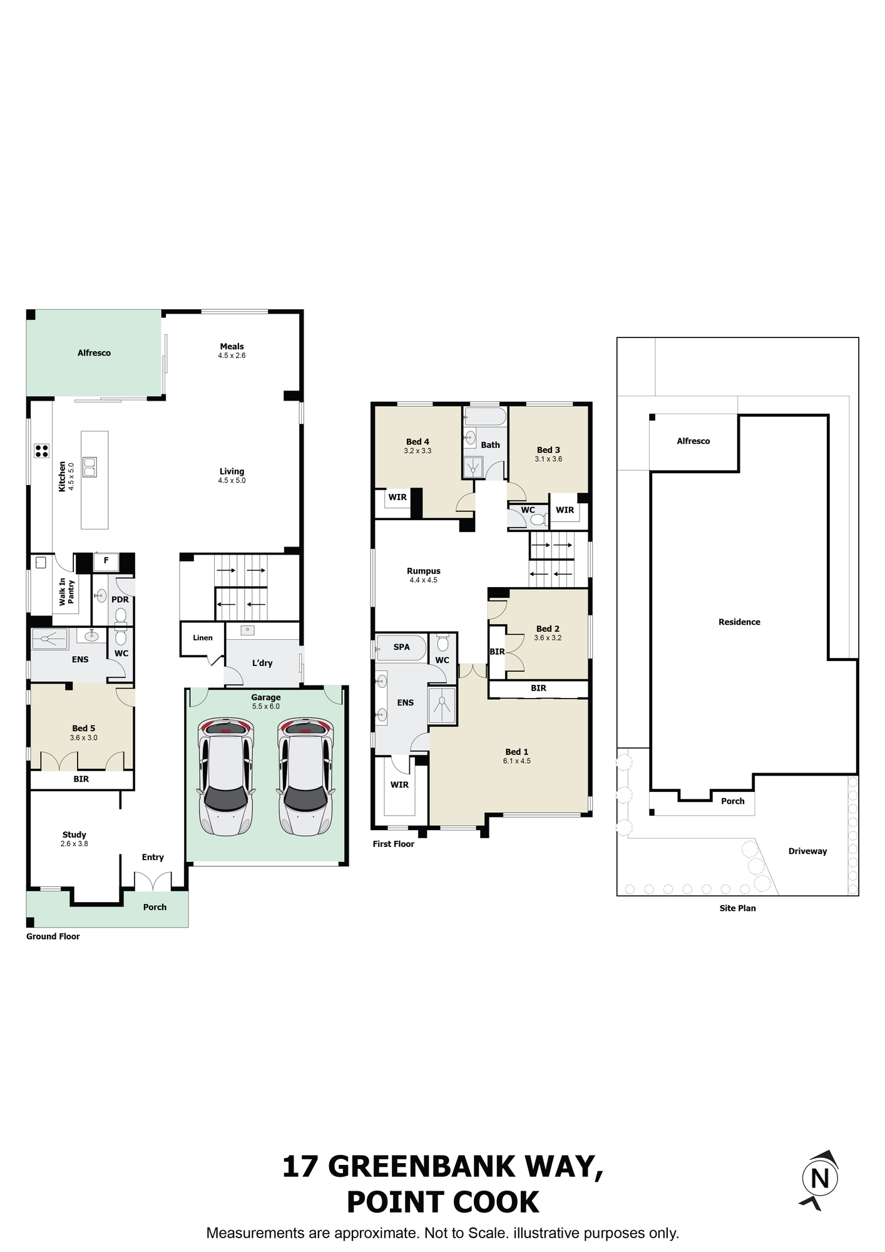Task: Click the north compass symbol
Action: coord(819,1180)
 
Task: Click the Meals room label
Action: coord(232,346)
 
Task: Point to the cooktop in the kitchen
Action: coord(42,451)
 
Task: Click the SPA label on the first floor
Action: coord(402,647)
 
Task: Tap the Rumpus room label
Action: coord(424,571)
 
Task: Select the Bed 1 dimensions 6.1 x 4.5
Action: coord(517,761)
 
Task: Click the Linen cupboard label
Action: coord(203,638)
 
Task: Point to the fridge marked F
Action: coord(106,561)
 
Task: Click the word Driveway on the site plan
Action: coord(807,851)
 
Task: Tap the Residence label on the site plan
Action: coord(739,622)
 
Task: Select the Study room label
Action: coord(74,834)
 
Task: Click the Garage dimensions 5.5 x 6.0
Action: coord(266,707)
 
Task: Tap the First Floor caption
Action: coord(394,844)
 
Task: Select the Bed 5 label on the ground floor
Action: coord(84,728)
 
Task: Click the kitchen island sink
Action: coord(90,466)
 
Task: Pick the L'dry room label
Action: coord(262,663)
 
